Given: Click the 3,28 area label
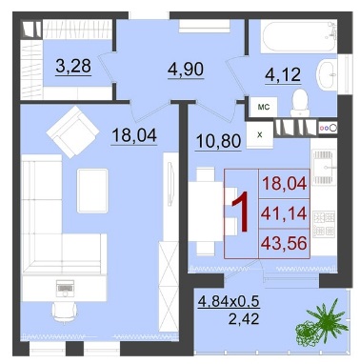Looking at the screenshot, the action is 73,66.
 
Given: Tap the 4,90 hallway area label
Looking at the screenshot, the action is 186,69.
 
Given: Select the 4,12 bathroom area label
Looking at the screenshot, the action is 283,75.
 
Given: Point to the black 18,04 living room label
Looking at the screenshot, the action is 134,135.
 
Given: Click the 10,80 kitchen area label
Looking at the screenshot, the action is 219,141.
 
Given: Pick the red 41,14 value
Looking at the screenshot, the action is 284,213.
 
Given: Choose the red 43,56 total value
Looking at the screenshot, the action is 284,243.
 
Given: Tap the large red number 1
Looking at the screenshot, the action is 240,212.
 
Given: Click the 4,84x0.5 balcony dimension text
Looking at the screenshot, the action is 229,300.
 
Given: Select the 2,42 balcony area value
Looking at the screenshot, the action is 244,318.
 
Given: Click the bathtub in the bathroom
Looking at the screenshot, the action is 299,36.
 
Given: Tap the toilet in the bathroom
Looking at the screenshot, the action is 300,103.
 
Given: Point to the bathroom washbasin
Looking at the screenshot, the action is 326,75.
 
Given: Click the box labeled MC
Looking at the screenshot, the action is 264,107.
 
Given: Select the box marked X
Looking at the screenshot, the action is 260,135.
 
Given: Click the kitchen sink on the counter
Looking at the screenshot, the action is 323,168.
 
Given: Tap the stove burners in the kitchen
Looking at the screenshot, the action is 324,225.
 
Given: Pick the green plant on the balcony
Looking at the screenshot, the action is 321,324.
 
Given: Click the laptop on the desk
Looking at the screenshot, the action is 65,287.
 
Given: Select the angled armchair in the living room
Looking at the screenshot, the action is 72,132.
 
